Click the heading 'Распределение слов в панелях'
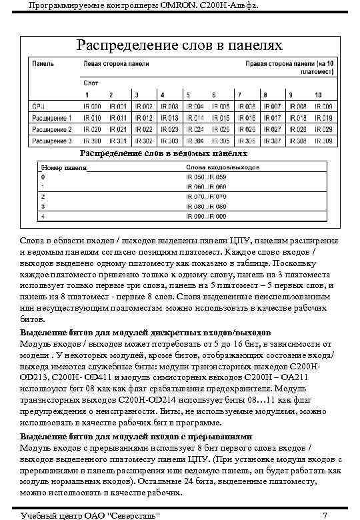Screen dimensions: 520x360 179,45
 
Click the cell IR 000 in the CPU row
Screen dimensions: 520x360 91,106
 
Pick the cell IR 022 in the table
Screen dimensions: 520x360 143,129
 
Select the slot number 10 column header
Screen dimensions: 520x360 319,95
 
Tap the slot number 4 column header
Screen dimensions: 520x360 161,95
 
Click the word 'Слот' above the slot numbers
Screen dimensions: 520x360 90,83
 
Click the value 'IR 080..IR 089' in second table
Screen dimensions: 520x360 207,207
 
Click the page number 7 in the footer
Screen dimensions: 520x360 323,515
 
